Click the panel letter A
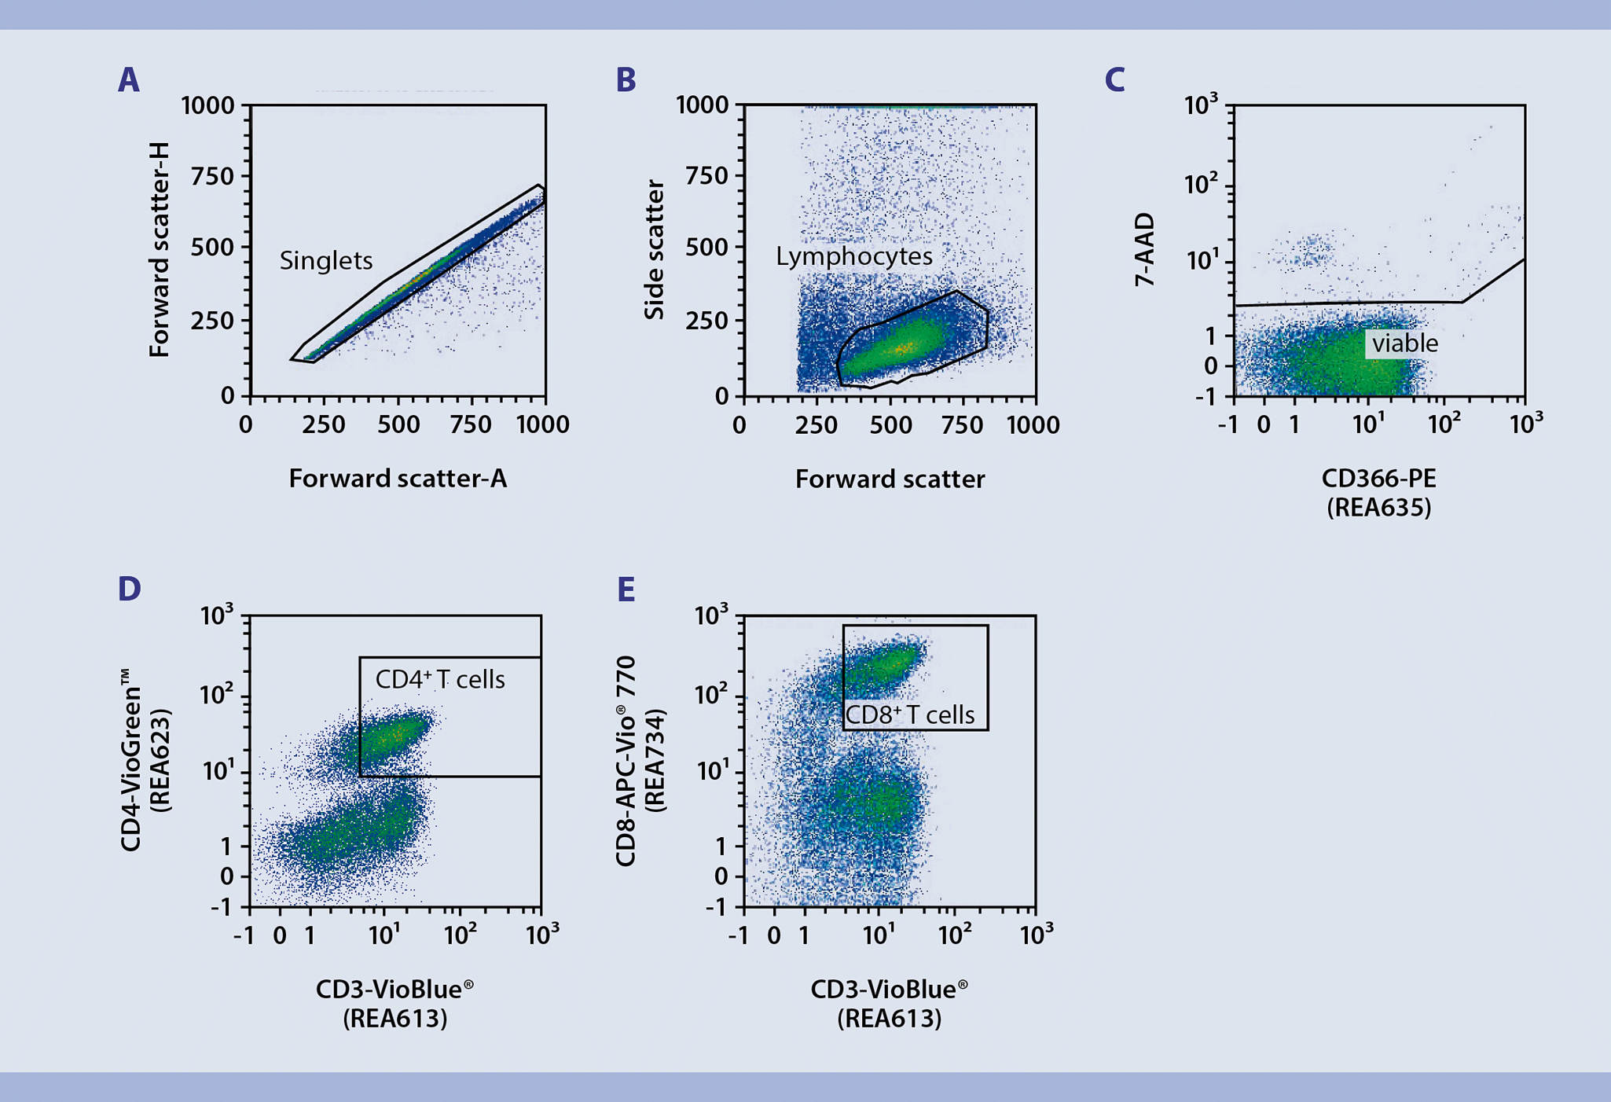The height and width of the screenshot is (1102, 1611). pyautogui.click(x=128, y=80)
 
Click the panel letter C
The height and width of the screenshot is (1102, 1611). pyautogui.click(x=1114, y=80)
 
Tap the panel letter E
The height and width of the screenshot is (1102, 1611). pyautogui.click(x=626, y=590)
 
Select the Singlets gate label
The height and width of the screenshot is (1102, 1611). pyautogui.click(x=326, y=261)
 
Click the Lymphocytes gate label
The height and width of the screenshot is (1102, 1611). pyautogui.click(x=854, y=256)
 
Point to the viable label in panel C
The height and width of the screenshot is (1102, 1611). pyautogui.click(x=1404, y=343)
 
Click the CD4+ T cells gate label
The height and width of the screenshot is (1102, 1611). pyautogui.click(x=440, y=680)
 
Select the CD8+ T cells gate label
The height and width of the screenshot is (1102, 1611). pyautogui.click(x=909, y=715)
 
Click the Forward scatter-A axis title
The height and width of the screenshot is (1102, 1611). pyautogui.click(x=398, y=479)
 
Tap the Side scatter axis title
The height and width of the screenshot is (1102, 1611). pyautogui.click(x=655, y=250)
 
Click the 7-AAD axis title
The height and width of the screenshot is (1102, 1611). pyautogui.click(x=1145, y=250)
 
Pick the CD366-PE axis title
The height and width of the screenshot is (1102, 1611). pyautogui.click(x=1378, y=479)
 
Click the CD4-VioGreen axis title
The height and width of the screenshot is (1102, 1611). pyautogui.click(x=131, y=760)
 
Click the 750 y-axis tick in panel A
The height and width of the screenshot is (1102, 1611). pyautogui.click(x=213, y=177)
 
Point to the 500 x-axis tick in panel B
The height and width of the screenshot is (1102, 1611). pyautogui.click(x=891, y=425)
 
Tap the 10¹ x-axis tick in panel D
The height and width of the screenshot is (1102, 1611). pyautogui.click(x=384, y=935)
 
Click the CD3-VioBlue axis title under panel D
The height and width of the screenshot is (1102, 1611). pyautogui.click(x=394, y=990)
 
